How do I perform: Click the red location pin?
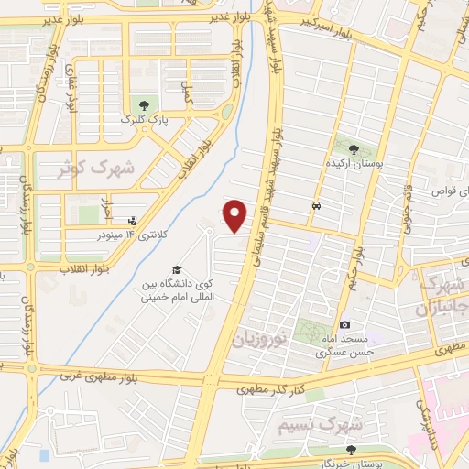[x=235, y=214]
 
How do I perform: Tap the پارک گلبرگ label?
[x=147, y=119]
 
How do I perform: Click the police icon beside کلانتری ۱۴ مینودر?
[x=132, y=221]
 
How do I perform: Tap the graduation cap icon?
[x=177, y=269]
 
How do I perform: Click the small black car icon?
[x=316, y=206]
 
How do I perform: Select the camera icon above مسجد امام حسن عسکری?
[x=344, y=324]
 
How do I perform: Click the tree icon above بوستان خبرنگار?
[x=351, y=449]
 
